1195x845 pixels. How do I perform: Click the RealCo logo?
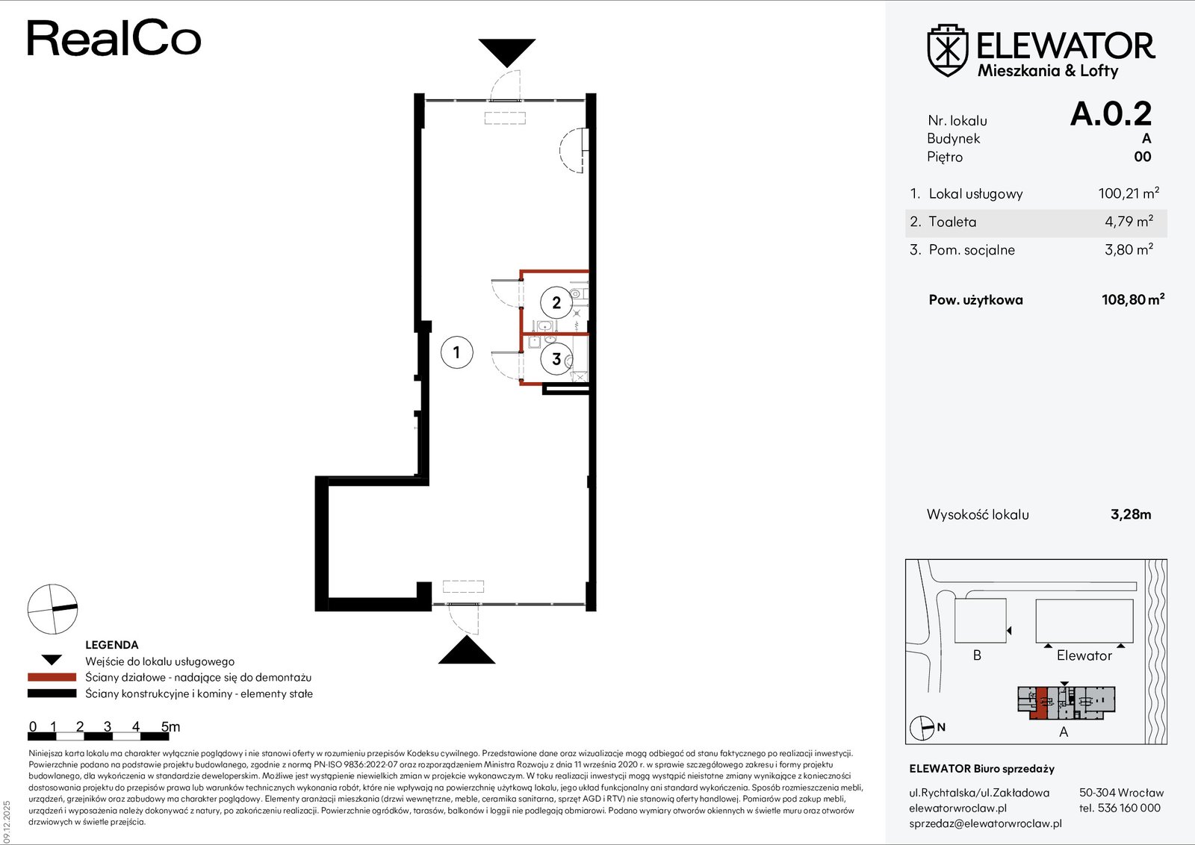point(114,38)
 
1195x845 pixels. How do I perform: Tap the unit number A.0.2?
point(1111,113)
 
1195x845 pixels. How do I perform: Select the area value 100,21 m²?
point(1129,193)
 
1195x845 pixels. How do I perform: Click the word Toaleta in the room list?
point(952,222)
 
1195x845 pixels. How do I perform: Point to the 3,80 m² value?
point(1129,249)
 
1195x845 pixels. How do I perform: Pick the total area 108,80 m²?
point(1132,299)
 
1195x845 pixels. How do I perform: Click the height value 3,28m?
point(1131,514)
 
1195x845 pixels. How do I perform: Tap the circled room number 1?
point(456,352)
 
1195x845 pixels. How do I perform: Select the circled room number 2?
point(556,303)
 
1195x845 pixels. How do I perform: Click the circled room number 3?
point(556,359)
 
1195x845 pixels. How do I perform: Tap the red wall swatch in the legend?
point(52,677)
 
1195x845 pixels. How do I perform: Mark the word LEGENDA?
point(111,644)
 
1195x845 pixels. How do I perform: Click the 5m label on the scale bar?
point(171,726)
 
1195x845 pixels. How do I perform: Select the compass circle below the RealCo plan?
point(52,609)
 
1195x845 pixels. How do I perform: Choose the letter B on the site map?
point(977,655)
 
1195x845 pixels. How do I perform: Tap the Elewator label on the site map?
point(1084,655)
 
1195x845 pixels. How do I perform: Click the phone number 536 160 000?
point(1129,808)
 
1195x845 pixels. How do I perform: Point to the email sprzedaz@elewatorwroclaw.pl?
point(985,823)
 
